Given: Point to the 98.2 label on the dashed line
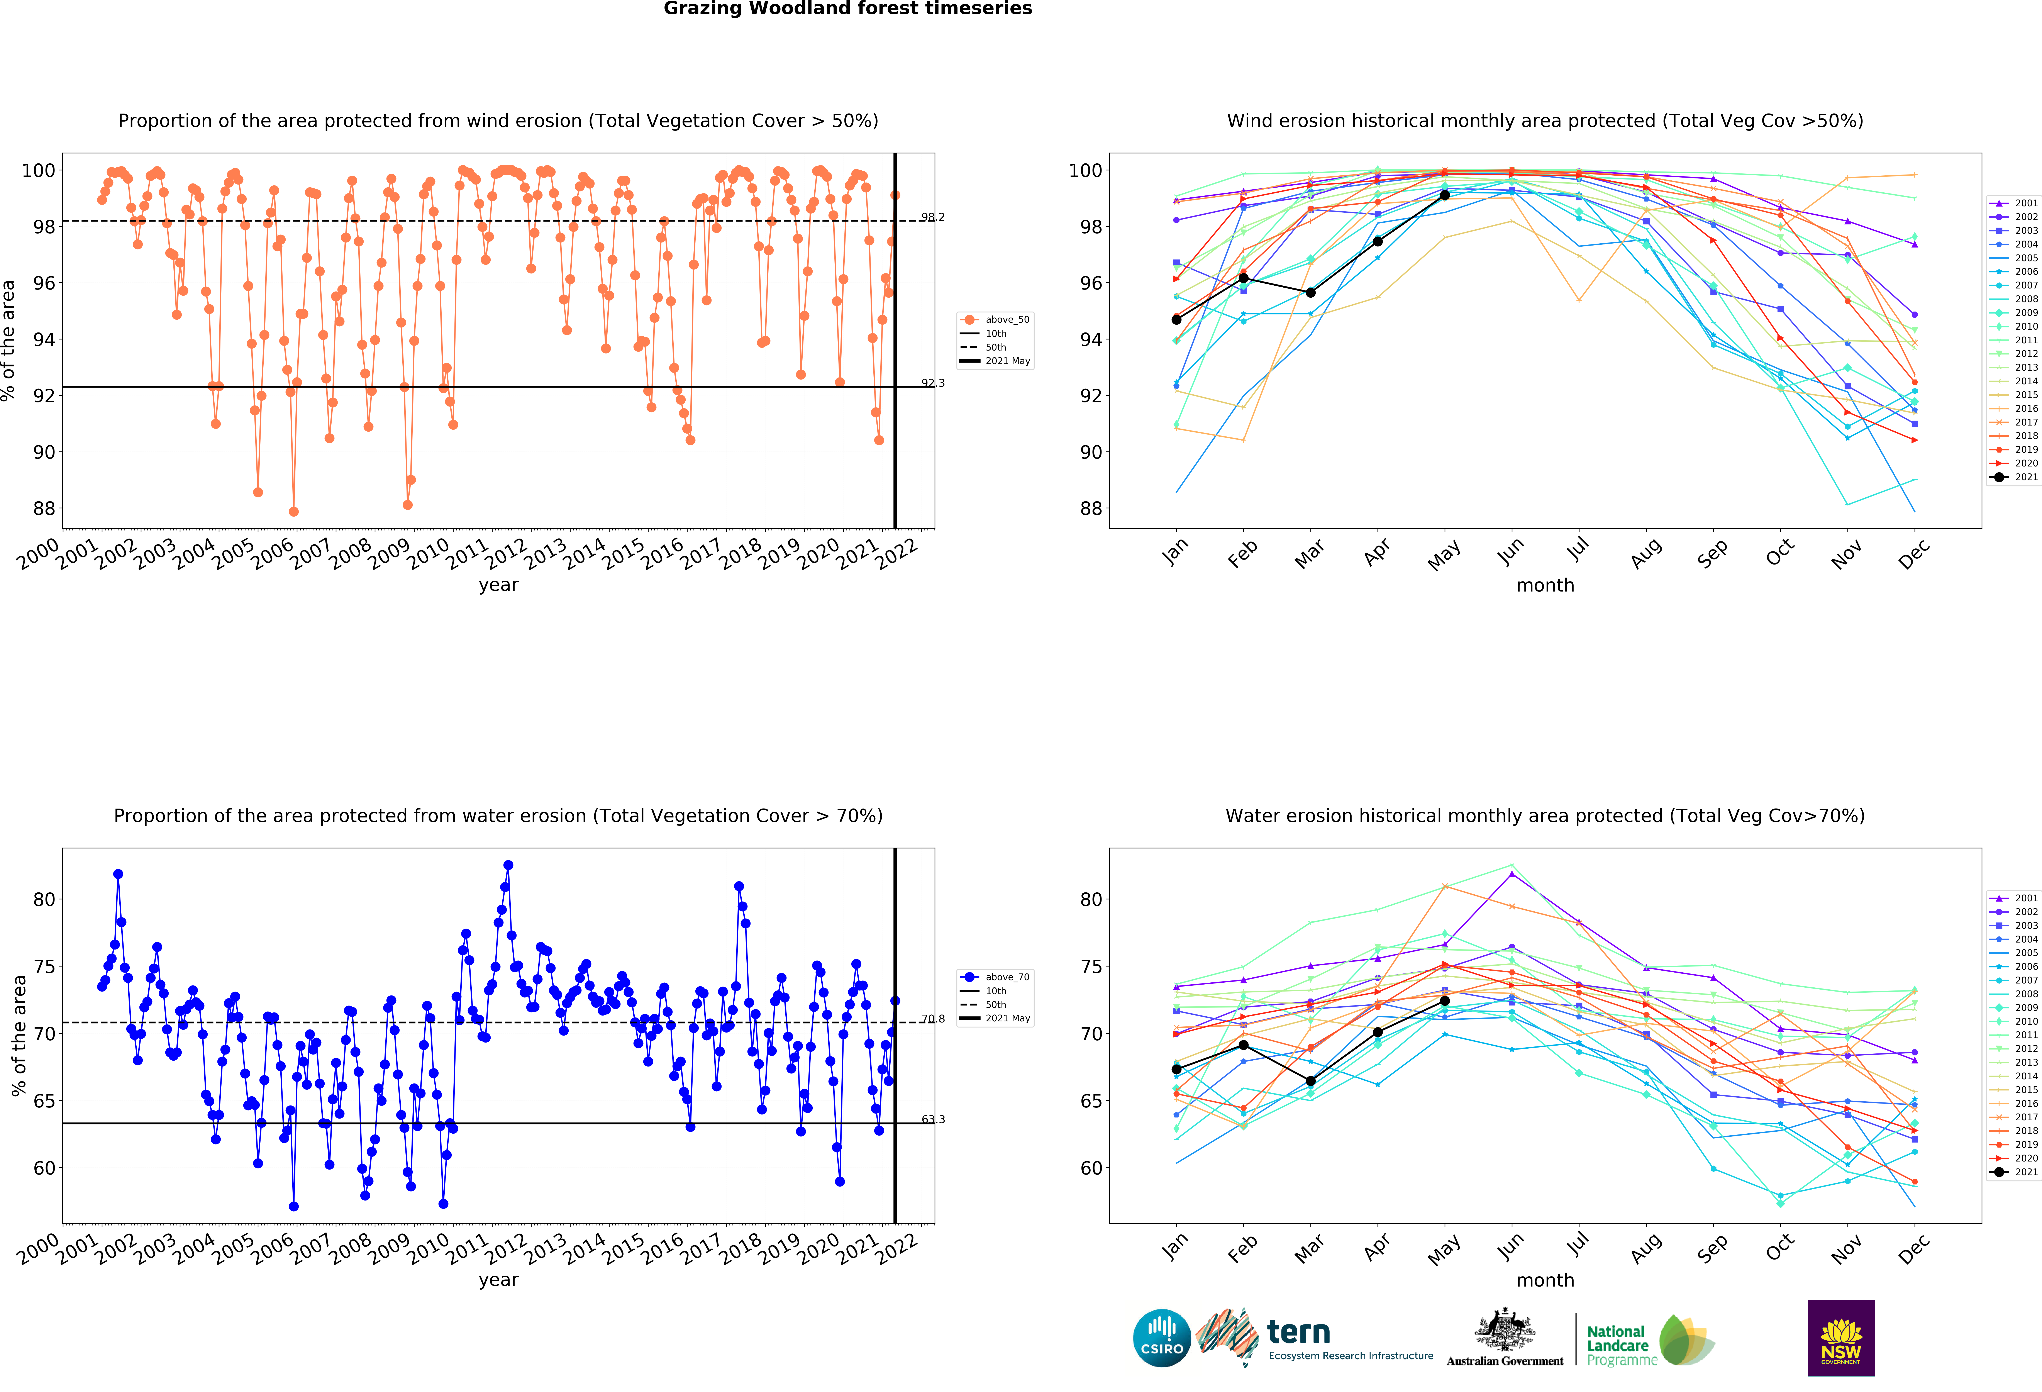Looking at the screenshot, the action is tap(933, 217).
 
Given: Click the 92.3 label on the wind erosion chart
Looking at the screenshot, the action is tap(933, 383).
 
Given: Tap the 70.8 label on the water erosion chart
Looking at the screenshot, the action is tap(933, 1019).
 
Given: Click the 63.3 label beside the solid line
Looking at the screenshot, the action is tap(933, 1120).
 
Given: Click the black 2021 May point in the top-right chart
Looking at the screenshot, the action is tap(1444, 195).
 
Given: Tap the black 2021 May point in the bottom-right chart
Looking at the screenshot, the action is tap(1444, 1001).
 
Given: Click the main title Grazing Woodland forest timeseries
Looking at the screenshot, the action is tap(848, 9).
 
